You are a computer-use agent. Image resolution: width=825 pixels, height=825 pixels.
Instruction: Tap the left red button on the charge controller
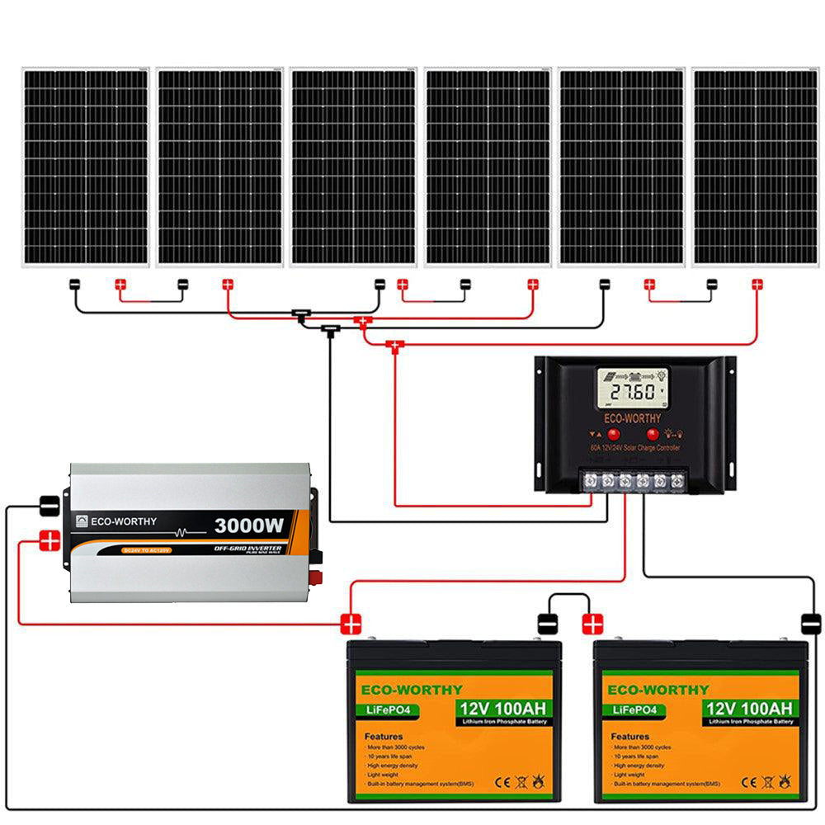point(614,433)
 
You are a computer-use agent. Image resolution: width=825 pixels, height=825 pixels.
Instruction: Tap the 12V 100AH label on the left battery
point(502,709)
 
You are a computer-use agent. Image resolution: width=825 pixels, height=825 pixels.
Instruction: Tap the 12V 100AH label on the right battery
point(749,709)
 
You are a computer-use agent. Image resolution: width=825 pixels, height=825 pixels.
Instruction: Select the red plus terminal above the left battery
point(352,624)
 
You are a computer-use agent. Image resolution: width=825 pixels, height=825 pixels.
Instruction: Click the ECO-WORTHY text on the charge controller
point(633,418)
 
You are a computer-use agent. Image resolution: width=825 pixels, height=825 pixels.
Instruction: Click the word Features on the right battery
point(631,736)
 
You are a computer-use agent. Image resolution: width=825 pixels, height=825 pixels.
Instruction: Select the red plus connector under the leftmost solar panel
point(120,285)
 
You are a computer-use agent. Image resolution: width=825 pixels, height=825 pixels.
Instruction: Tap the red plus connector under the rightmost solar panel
point(757,285)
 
